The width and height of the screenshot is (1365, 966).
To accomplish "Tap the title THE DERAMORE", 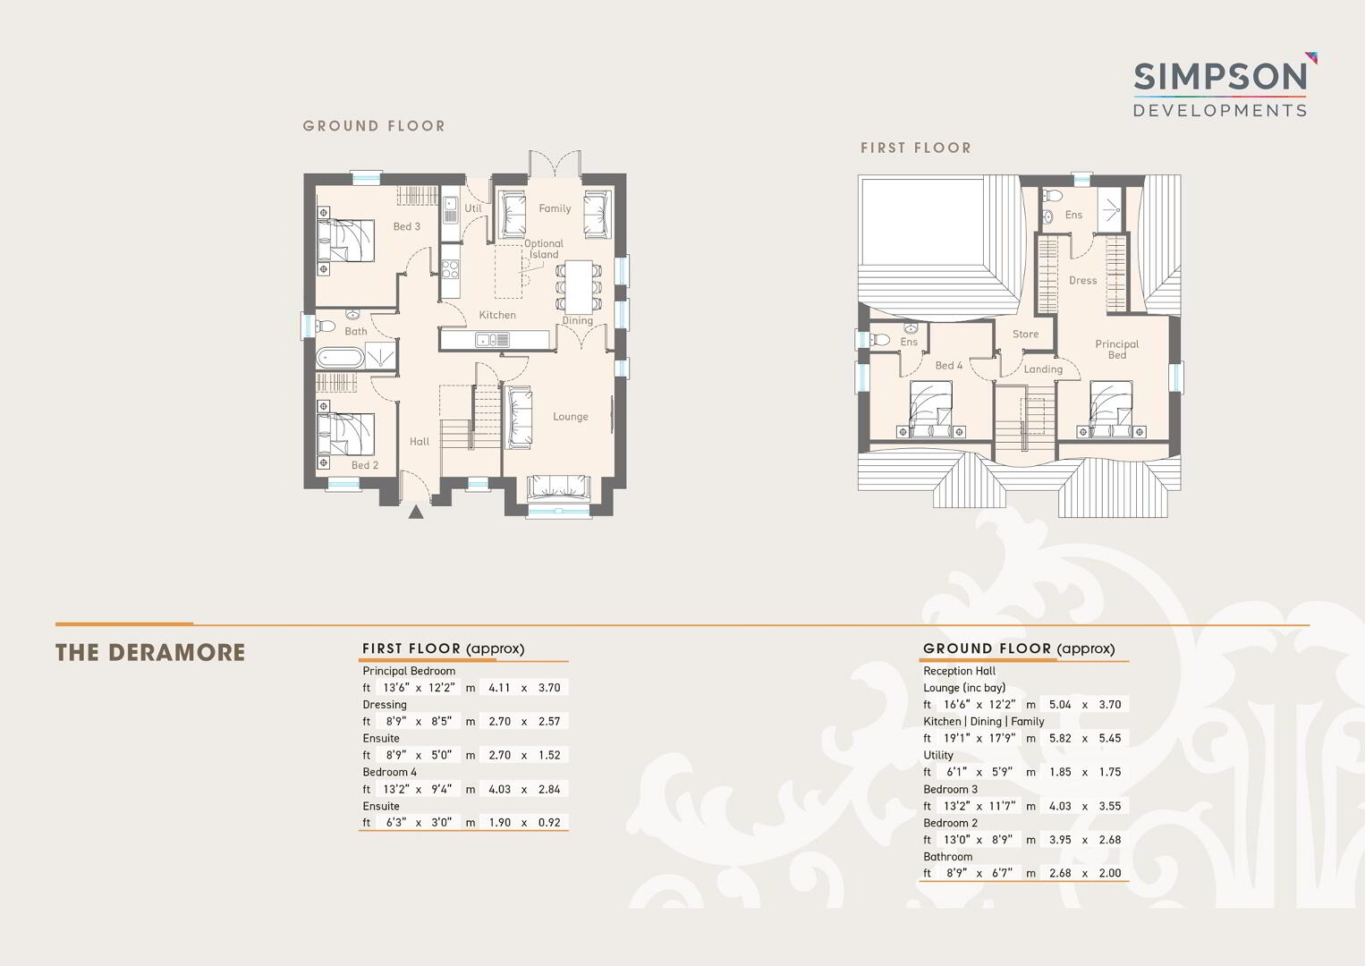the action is [x=150, y=653].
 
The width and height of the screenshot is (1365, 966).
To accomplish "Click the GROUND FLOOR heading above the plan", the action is [x=374, y=126].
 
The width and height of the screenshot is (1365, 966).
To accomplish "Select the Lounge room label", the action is [x=571, y=417].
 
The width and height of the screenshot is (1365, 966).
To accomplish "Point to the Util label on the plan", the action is [x=473, y=208].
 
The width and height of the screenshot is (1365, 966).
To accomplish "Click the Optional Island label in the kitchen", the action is [x=544, y=249].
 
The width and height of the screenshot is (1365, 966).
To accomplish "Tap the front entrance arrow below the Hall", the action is [x=416, y=512].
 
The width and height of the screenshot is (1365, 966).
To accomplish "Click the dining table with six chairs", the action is [x=578, y=286].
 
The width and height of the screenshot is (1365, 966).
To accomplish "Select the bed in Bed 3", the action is [x=345, y=241].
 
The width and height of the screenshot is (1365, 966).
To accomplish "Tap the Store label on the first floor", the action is [x=1025, y=334].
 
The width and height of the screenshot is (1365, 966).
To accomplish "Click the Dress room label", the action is [x=1082, y=280].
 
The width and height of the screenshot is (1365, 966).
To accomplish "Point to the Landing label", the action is [x=1043, y=369].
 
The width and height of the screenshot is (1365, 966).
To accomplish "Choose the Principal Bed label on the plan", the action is [x=1116, y=349].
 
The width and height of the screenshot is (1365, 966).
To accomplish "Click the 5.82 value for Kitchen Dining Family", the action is [x=1060, y=738].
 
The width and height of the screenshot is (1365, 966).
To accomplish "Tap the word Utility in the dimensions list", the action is [x=937, y=755].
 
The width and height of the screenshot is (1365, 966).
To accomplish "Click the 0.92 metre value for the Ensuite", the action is [x=549, y=823].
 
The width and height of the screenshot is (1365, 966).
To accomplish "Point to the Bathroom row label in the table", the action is [x=947, y=856].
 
